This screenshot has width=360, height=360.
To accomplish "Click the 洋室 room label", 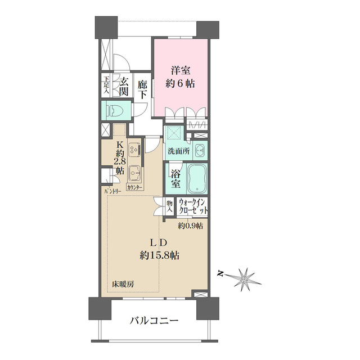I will click(x=181, y=70).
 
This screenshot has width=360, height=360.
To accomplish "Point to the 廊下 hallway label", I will click(x=143, y=89).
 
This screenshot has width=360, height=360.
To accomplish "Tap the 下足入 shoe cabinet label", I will click(x=106, y=85).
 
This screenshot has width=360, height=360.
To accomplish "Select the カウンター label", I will click(x=135, y=187).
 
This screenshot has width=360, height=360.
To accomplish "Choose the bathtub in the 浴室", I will click(x=196, y=177).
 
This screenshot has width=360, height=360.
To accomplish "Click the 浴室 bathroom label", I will click(x=175, y=177).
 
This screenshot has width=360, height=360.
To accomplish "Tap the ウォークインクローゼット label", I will click(x=193, y=206).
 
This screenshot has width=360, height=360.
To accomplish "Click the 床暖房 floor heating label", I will click(x=122, y=283).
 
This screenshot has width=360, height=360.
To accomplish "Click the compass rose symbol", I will click(x=244, y=278).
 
